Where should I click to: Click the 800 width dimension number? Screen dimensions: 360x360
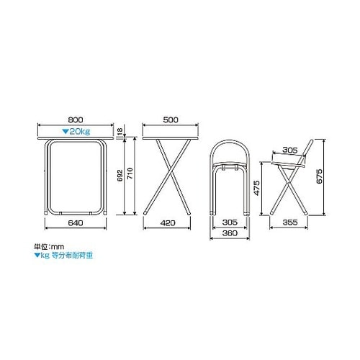76,120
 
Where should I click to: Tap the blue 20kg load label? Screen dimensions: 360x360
76,132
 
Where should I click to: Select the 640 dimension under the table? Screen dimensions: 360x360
76,223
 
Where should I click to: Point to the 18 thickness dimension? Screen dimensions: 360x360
120,130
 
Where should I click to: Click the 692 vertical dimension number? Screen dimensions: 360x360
120,175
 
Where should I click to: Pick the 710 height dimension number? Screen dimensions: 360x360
130,174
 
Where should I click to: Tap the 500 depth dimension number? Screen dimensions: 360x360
171,120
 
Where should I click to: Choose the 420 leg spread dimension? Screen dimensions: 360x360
168,223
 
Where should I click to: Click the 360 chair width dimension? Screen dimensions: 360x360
230,233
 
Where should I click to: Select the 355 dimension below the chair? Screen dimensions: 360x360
290,222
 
